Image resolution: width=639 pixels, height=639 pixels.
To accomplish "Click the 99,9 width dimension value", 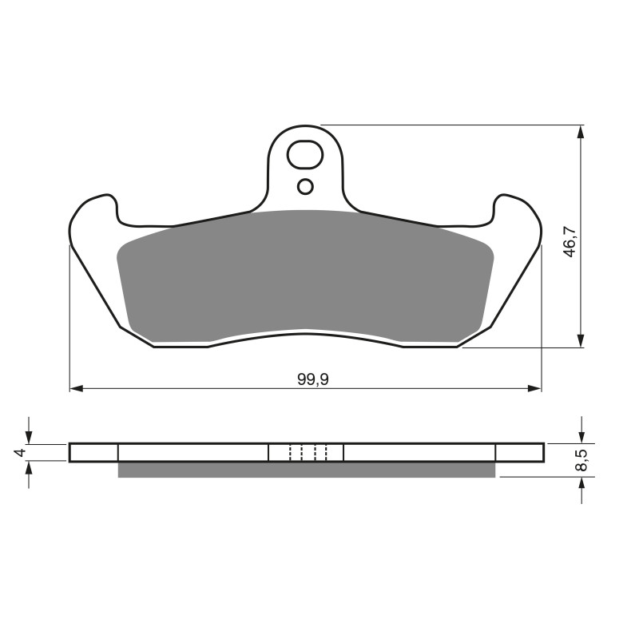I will click(313, 380).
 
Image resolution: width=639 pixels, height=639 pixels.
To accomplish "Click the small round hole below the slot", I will click(305, 187).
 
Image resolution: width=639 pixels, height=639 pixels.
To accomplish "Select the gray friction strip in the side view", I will click(306, 470).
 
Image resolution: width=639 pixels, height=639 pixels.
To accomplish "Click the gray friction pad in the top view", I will click(304, 272).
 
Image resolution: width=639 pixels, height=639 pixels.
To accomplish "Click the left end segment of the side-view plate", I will click(93, 453).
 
